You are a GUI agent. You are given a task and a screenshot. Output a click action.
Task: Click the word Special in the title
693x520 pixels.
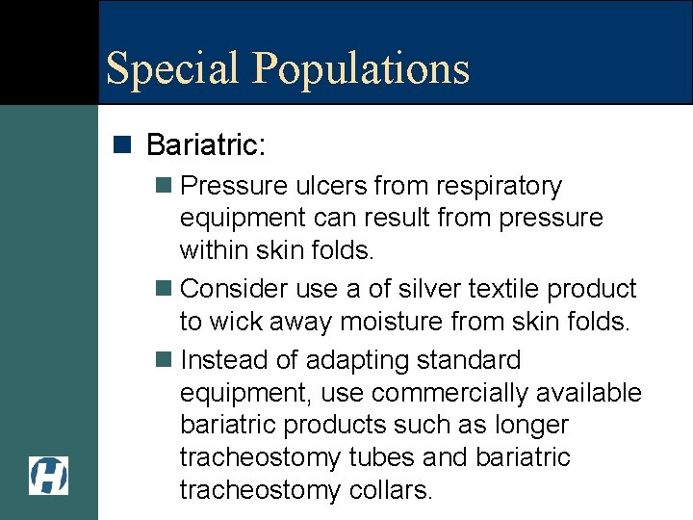tap(172, 69)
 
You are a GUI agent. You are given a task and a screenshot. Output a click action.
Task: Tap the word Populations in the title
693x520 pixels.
tap(361, 69)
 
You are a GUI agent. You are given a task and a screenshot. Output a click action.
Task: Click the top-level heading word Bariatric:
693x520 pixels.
tap(206, 145)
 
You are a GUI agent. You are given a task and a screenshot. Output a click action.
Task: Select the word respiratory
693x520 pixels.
tap(502, 186)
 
